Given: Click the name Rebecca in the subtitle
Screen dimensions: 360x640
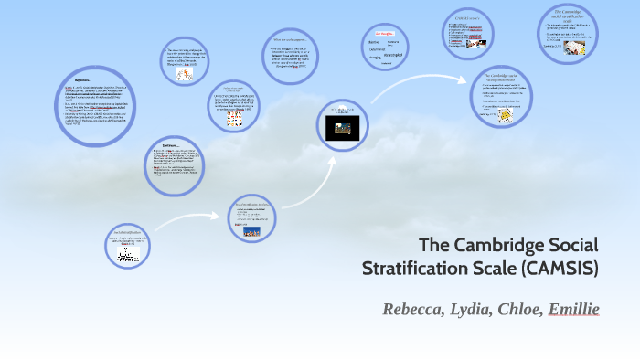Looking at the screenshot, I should (411, 309).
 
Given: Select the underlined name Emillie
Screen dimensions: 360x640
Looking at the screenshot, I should (572, 309).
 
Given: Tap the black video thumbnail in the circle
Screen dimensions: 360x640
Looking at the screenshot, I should (343, 128).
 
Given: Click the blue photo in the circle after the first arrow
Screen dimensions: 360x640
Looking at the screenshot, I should (251, 231).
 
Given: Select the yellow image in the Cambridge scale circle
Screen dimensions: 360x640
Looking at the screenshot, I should (506, 118).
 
